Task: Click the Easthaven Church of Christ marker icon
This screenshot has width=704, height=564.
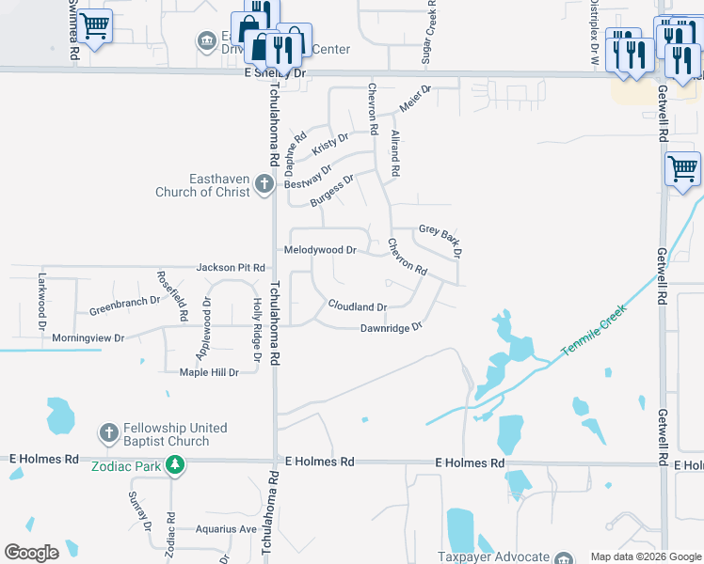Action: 264,184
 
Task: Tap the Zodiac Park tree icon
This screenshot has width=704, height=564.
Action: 173,463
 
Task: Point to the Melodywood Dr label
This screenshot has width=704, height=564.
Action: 320,250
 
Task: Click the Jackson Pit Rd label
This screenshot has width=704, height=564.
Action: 231,268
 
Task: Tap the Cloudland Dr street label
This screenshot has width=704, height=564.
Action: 358,306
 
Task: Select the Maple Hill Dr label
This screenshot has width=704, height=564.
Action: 209,372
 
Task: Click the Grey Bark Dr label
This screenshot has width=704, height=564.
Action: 441,240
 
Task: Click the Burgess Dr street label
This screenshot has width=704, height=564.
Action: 332,191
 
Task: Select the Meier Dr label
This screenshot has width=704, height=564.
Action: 414,99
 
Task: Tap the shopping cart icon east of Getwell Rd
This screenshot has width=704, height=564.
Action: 682,169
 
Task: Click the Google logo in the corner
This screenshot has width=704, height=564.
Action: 31,553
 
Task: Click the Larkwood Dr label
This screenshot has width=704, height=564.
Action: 41,301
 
